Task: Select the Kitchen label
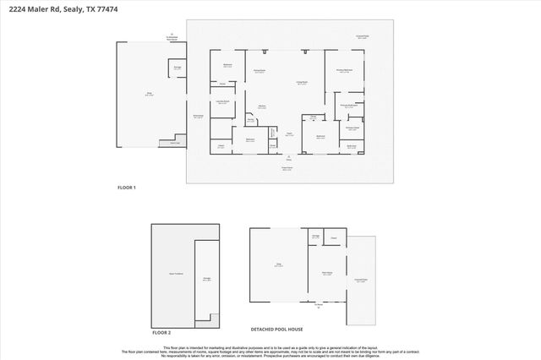click(x=262, y=106)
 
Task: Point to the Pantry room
click(x=250, y=120)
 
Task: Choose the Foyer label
click(x=288, y=134)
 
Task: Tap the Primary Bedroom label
click(x=344, y=71)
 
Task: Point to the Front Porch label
click(x=287, y=169)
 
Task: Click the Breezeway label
click(x=199, y=117)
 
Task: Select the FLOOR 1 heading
click(x=126, y=187)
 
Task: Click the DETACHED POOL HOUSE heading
click(x=276, y=329)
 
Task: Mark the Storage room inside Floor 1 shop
click(x=178, y=68)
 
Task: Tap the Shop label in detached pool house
click(x=266, y=265)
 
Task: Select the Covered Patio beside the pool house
click(x=361, y=281)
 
